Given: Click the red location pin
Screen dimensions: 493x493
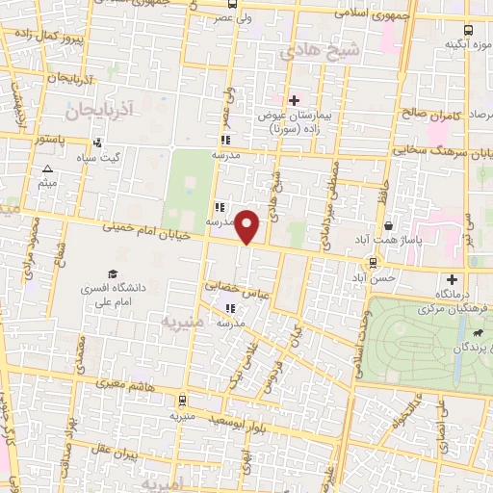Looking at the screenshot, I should [x=248, y=225].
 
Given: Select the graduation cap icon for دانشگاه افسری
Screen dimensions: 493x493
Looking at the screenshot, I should [x=113, y=274].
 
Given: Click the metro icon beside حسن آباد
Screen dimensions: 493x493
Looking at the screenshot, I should [x=373, y=262].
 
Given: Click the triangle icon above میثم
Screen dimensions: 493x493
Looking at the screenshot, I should [x=47, y=169].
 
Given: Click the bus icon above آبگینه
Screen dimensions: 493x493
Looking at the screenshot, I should [x=469, y=30].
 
